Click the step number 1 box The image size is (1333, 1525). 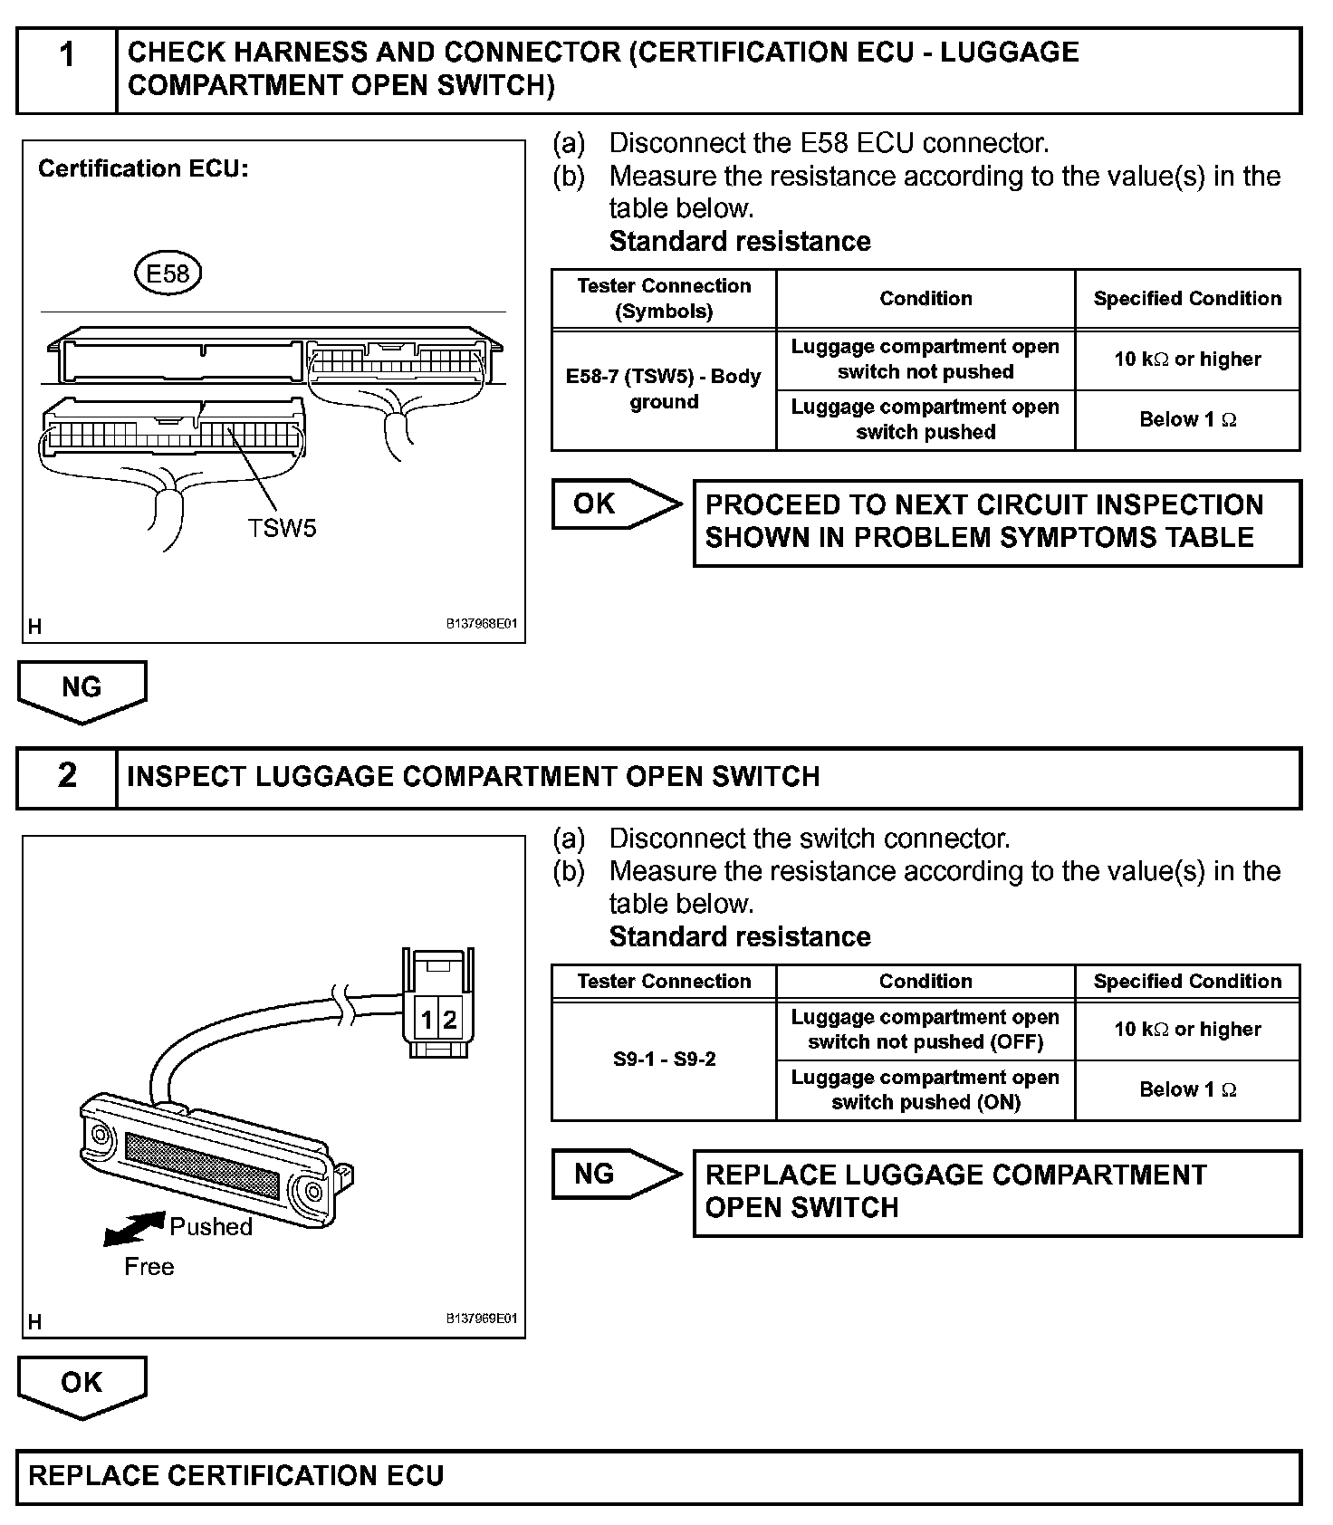point(67,71)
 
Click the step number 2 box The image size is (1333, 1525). point(67,777)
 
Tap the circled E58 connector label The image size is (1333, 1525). point(168,273)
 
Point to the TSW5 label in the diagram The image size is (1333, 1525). point(283,528)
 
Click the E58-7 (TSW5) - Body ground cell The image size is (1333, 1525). point(664,389)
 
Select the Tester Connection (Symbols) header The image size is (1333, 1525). point(664,299)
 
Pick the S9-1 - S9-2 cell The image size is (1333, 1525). point(664,1060)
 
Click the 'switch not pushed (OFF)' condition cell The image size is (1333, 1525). point(925,1030)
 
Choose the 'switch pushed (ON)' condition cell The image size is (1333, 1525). point(925,1089)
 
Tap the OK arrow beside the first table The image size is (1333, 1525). point(616,504)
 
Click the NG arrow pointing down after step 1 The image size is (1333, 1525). point(82,690)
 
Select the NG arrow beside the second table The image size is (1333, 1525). point(616,1174)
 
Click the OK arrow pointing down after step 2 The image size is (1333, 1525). point(82,1385)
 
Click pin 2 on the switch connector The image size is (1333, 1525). point(450,1021)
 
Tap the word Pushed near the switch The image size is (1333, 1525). point(211,1227)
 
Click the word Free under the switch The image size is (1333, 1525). point(149,1267)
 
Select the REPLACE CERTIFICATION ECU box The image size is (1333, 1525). point(658,1476)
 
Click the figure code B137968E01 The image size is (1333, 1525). point(481,624)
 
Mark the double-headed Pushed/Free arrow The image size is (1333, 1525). point(135,1229)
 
